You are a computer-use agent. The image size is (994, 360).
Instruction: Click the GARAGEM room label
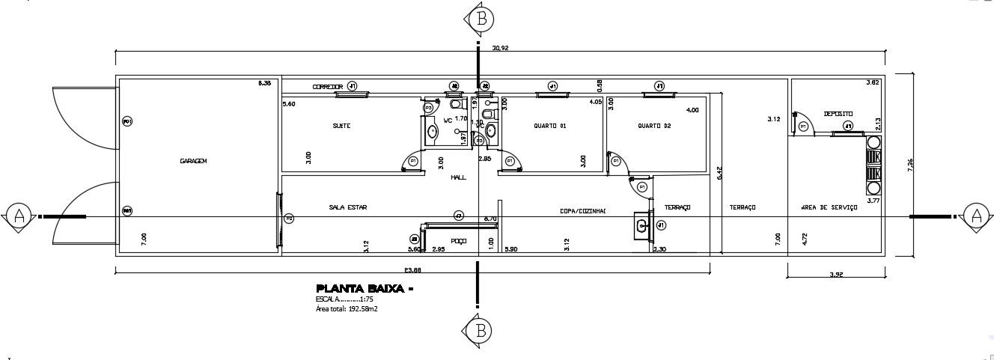coord(192,161)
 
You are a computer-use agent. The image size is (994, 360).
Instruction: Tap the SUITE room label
coord(341,126)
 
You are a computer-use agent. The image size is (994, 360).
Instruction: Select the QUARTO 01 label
coord(549,126)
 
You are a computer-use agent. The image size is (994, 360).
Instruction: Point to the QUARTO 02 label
coord(654,126)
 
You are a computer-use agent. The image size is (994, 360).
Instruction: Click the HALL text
coord(458,177)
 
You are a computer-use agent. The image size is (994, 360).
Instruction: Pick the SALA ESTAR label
coord(348,207)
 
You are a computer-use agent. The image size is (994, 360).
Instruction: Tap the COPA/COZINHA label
coord(582,211)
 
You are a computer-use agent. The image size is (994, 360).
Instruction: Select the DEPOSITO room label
coord(838,114)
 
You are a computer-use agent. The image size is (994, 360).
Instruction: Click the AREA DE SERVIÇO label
coord(829,207)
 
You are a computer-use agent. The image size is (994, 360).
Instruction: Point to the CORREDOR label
coord(327,88)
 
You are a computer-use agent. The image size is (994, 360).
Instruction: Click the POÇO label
coord(458,241)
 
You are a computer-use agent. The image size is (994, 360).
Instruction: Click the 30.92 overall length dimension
coord(500,47)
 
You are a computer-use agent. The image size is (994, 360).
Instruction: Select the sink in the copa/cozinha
coord(641,225)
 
